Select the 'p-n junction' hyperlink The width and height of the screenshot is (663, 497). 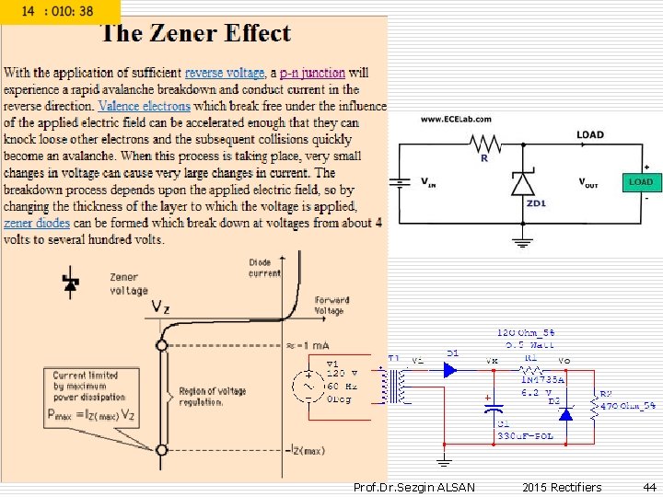312,73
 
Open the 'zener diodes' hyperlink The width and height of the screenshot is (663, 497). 36,223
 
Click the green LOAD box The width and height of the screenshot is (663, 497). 640,182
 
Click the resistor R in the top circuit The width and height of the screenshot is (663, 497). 484,144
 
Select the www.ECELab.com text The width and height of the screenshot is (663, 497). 456,120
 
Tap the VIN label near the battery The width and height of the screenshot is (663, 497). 428,183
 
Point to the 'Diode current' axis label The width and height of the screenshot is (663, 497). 265,268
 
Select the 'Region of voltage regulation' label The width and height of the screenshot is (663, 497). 212,396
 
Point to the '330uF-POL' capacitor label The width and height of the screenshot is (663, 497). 525,435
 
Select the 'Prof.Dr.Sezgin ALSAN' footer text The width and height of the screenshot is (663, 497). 414,487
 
